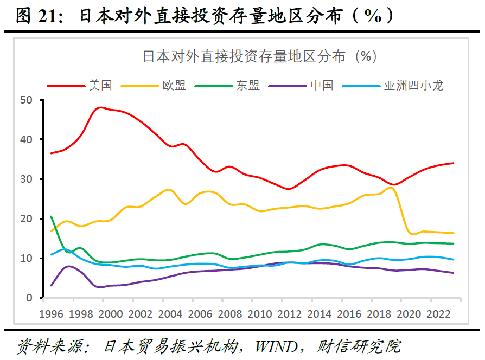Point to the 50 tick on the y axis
click(26, 100)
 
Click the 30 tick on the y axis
click(26, 179)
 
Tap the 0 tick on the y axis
click(30, 298)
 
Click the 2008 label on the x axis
click(229, 314)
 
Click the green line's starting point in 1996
click(51, 217)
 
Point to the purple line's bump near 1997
click(68, 266)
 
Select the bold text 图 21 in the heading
click(40, 16)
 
